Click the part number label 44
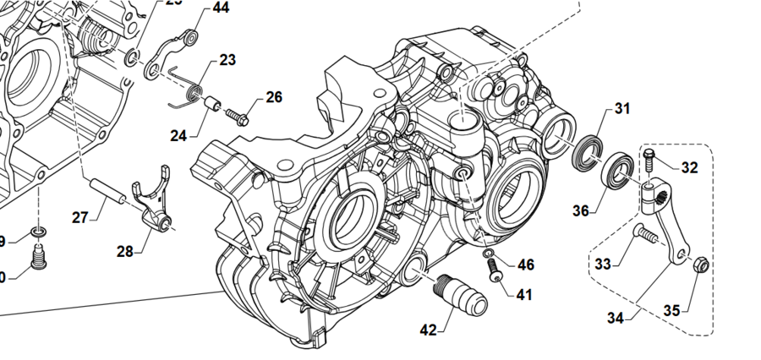pyautogui.click(x=220, y=8)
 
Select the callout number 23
pyautogui.click(x=227, y=60)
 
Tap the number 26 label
pyautogui.click(x=274, y=97)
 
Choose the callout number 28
pyautogui.click(x=125, y=251)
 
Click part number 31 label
pyautogui.click(x=622, y=108)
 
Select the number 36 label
pyautogui.click(x=579, y=210)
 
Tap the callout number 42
pyautogui.click(x=428, y=330)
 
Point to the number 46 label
pyautogui.click(x=526, y=265)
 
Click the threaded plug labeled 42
pyautogui.click(x=461, y=293)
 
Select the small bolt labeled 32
pyautogui.click(x=649, y=160)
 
